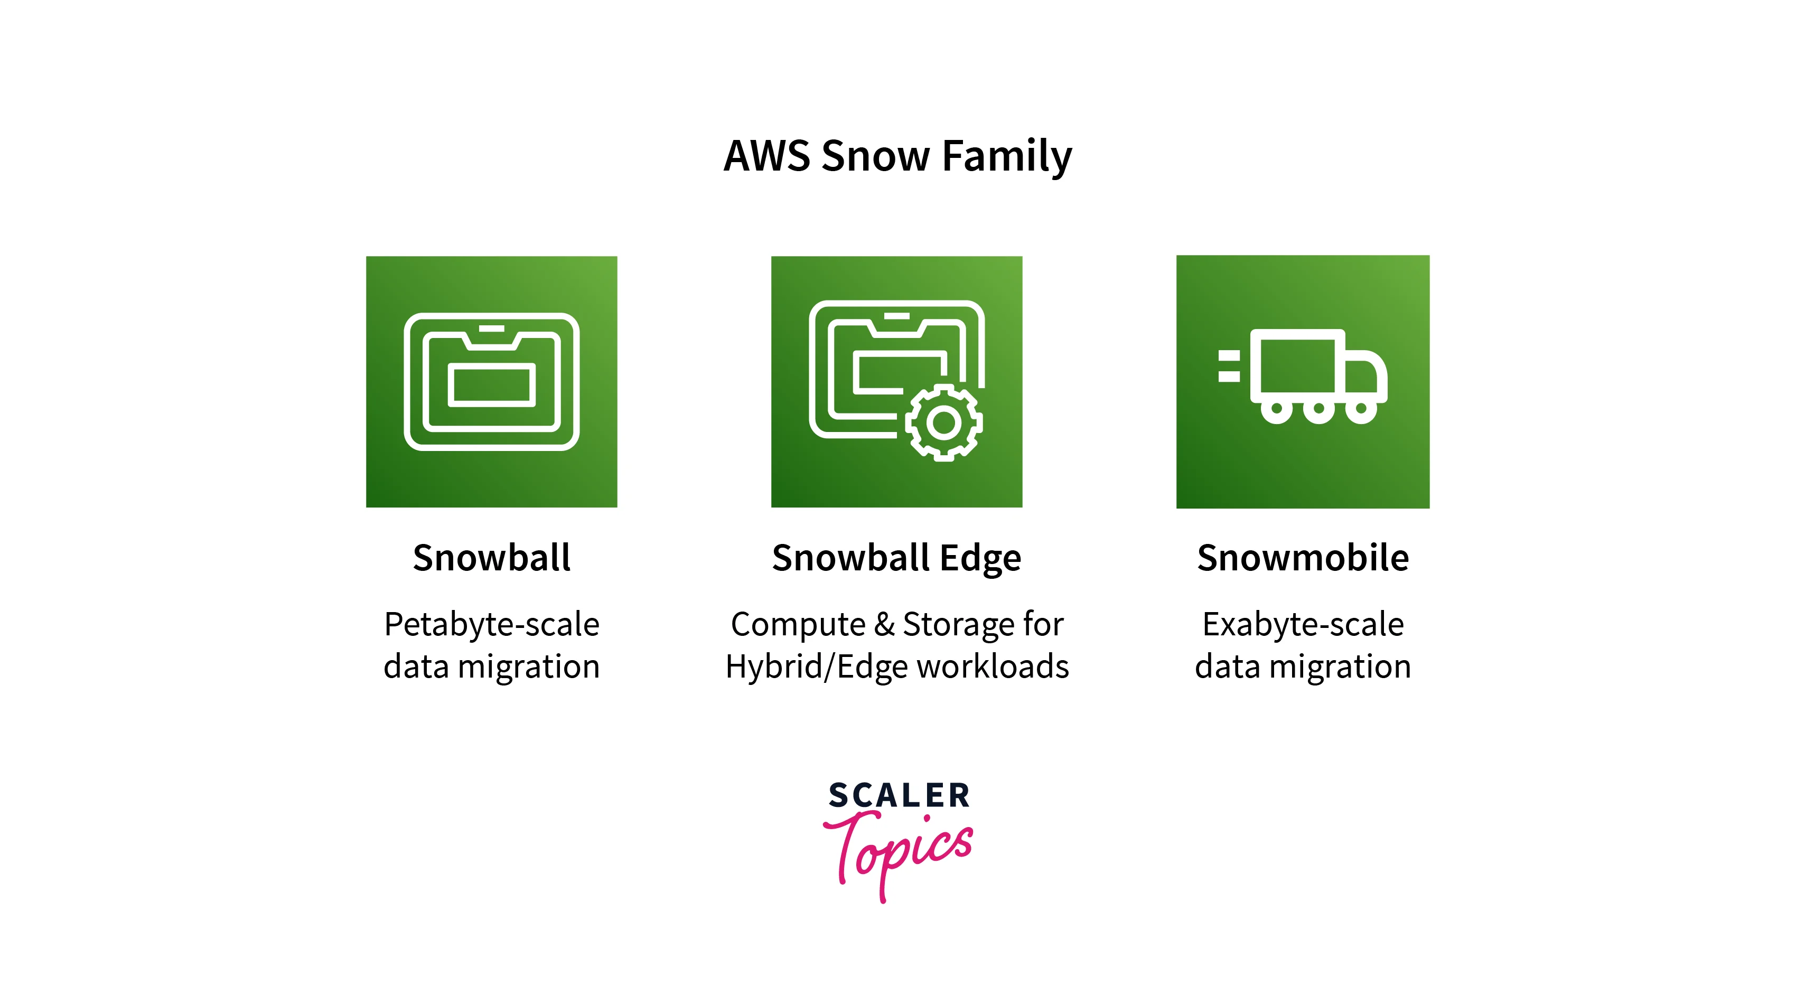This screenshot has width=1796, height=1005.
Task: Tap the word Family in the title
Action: [1007, 157]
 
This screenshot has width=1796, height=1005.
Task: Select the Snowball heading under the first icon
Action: [492, 558]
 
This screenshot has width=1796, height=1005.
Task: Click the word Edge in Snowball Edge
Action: [980, 559]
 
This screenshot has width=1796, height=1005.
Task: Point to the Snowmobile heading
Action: [1303, 558]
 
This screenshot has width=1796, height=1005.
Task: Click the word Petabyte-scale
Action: [492, 624]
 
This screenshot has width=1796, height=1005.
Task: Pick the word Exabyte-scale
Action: [1303, 624]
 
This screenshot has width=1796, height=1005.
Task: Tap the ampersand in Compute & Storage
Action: [884, 624]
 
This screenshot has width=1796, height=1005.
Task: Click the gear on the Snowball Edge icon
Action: [943, 422]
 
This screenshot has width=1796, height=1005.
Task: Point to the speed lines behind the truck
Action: [1229, 367]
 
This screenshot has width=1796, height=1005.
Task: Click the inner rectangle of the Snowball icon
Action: [492, 384]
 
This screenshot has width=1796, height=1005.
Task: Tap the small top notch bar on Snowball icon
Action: [492, 328]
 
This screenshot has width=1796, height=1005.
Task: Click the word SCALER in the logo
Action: [899, 795]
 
